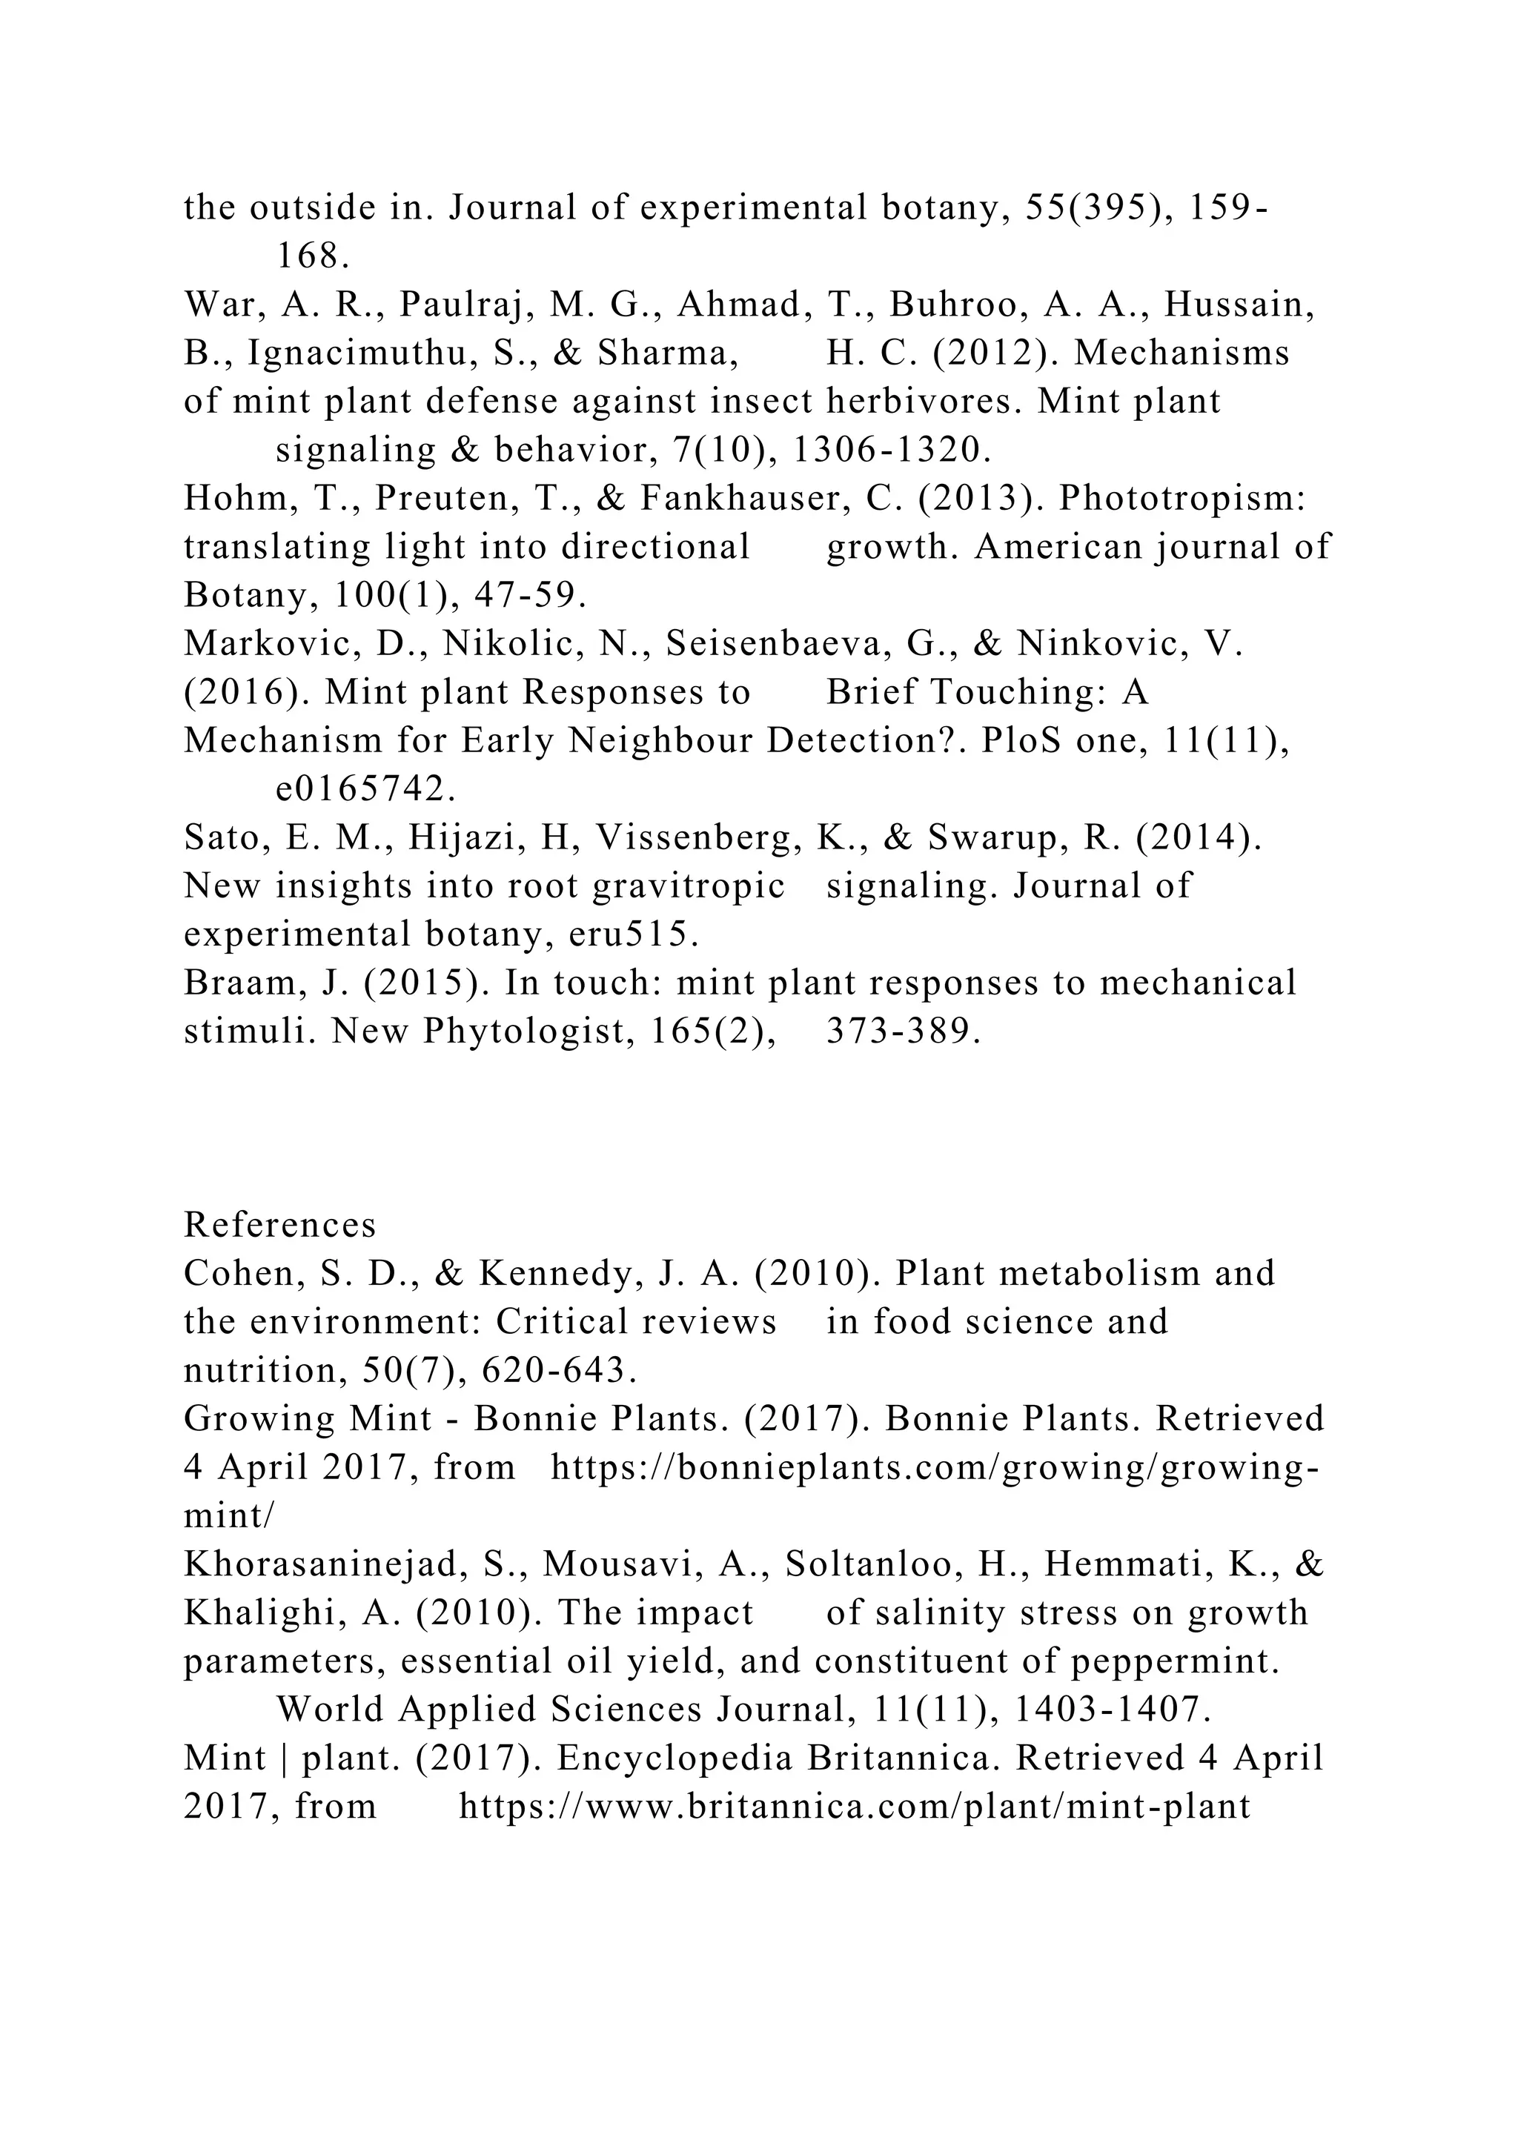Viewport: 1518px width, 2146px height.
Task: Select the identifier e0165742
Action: [365, 790]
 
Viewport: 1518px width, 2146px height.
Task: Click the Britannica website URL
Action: [855, 1807]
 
